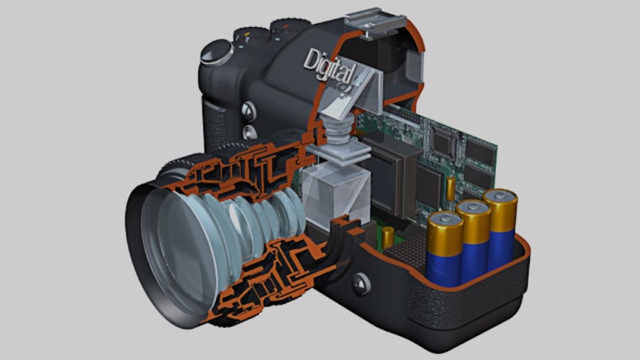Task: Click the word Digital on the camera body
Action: coord(329,67)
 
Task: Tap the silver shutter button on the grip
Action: coord(216,52)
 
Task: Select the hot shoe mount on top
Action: coord(375,23)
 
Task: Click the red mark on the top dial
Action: coord(286,26)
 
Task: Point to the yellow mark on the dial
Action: coord(247,35)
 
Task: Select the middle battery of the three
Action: coord(474,240)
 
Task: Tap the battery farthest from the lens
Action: coord(500,228)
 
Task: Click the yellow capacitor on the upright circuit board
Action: coord(451,189)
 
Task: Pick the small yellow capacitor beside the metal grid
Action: coord(388,238)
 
